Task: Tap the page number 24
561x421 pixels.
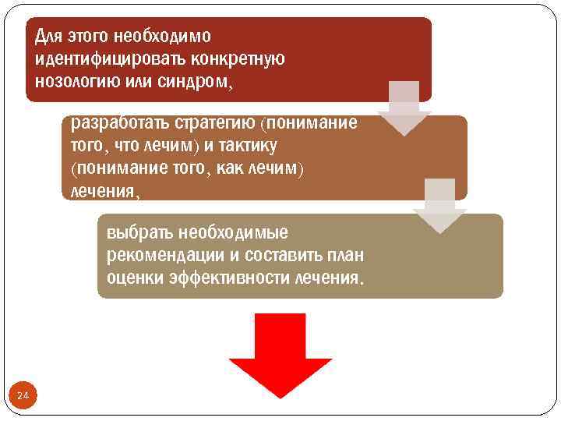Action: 23,397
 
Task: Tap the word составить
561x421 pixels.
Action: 291,256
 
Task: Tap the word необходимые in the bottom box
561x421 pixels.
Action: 233,232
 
